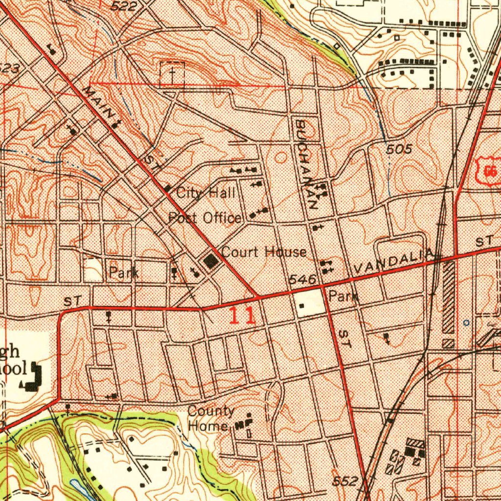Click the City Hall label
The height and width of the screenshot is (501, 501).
[x=206, y=193]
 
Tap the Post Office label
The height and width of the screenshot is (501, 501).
[x=205, y=218]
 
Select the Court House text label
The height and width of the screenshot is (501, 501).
[x=264, y=252]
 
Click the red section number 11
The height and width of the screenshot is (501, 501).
[x=242, y=316]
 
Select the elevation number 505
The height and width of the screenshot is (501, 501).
[x=399, y=150]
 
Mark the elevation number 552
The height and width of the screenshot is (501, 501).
[x=346, y=480]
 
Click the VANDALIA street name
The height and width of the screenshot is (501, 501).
[x=393, y=261]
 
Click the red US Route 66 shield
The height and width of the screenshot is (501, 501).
[x=489, y=171]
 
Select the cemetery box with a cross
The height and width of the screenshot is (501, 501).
[x=172, y=75]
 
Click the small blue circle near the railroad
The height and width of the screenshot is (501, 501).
[x=466, y=323]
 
